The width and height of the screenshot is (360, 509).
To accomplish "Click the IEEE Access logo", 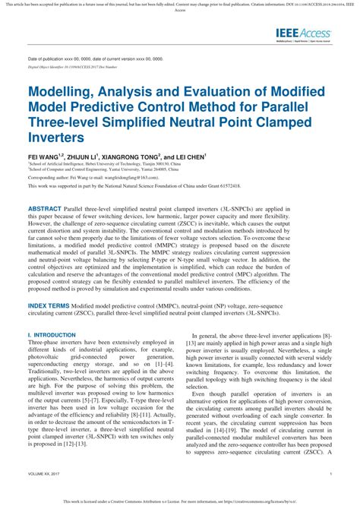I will click(x=305, y=33).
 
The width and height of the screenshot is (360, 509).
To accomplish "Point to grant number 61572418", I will click(x=227, y=185).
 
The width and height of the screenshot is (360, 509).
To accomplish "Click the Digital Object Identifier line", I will click(x=75, y=67).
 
